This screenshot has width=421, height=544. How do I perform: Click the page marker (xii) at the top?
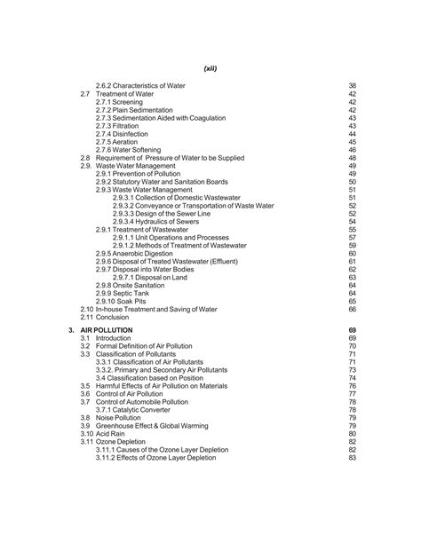210,67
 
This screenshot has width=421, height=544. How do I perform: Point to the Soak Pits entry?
130,300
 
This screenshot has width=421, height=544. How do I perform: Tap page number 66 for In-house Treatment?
352,310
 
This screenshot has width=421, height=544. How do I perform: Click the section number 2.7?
85,92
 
